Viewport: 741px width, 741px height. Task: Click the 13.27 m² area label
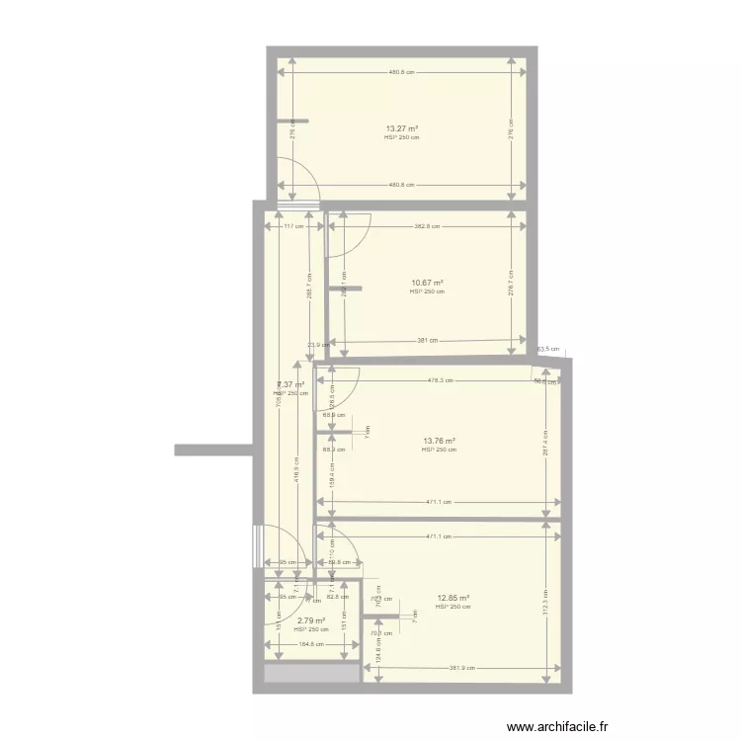coord(401,128)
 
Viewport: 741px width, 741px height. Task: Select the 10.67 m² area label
coord(427,283)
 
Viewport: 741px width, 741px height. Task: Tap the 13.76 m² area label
coord(439,441)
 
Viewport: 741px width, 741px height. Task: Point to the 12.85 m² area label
coord(453,598)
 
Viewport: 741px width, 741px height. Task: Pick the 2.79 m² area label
coord(311,620)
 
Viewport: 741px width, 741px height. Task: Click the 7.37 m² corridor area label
coord(290,384)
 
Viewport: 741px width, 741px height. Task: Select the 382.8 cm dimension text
coord(427,226)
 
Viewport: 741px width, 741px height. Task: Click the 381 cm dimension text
coord(427,341)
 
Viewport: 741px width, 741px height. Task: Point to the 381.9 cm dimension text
coord(460,668)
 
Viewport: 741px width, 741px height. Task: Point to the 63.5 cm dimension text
coord(547,349)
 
